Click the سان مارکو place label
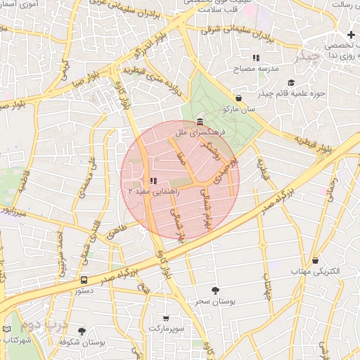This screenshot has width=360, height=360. tap(238, 110)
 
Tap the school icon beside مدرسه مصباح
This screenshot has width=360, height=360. tap(257, 58)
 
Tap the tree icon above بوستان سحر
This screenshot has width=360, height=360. tap(215, 290)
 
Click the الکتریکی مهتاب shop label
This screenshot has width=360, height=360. tap(316, 271)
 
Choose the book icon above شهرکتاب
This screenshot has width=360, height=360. tap(7, 329)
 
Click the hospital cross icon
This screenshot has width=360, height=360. tap(351, 34)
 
